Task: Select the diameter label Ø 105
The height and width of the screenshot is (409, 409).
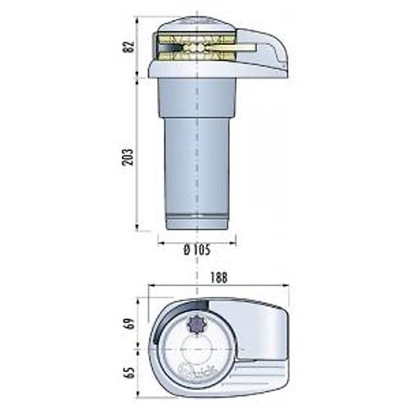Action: [x=196, y=250]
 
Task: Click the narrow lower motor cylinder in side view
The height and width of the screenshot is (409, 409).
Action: [x=196, y=172]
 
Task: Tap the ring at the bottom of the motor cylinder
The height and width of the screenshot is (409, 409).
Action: [x=196, y=220]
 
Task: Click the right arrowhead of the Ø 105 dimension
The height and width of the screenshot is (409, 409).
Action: [x=233, y=240]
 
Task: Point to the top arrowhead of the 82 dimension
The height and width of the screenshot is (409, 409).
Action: [x=137, y=18]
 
